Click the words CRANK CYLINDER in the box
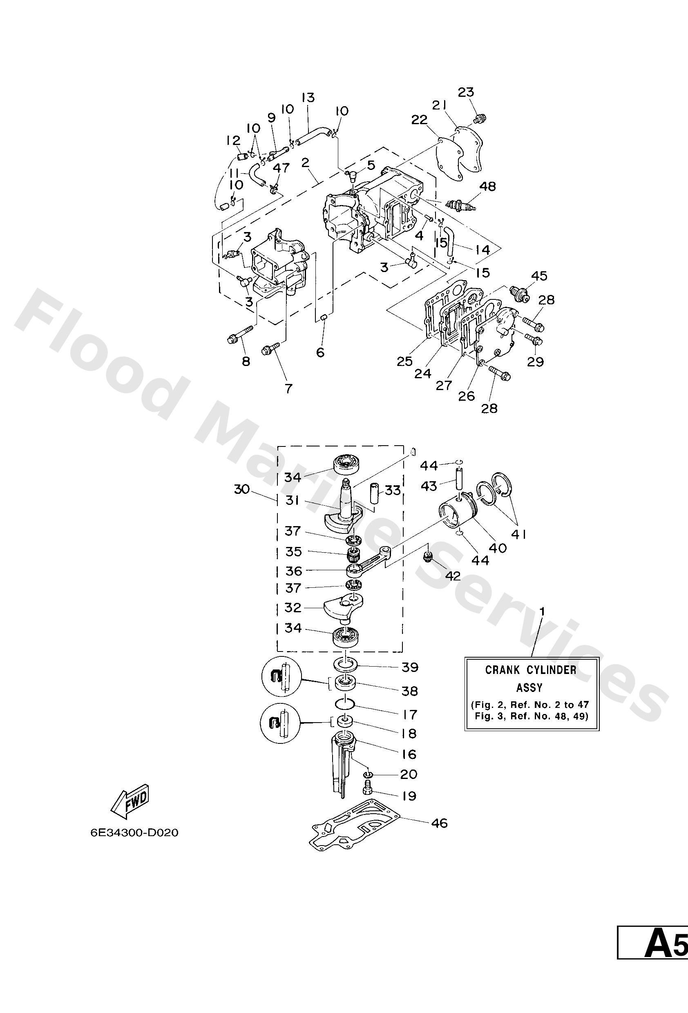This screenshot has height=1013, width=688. [x=531, y=669]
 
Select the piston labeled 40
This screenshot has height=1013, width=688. [x=458, y=512]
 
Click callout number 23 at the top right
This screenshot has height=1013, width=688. [x=466, y=92]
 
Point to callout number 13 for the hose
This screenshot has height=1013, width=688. [x=308, y=97]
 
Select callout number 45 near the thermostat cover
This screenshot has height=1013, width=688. [x=539, y=275]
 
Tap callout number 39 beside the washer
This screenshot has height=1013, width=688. [x=409, y=667]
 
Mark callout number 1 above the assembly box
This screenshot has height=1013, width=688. [x=542, y=611]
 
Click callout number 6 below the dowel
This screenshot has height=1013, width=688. [x=320, y=352]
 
